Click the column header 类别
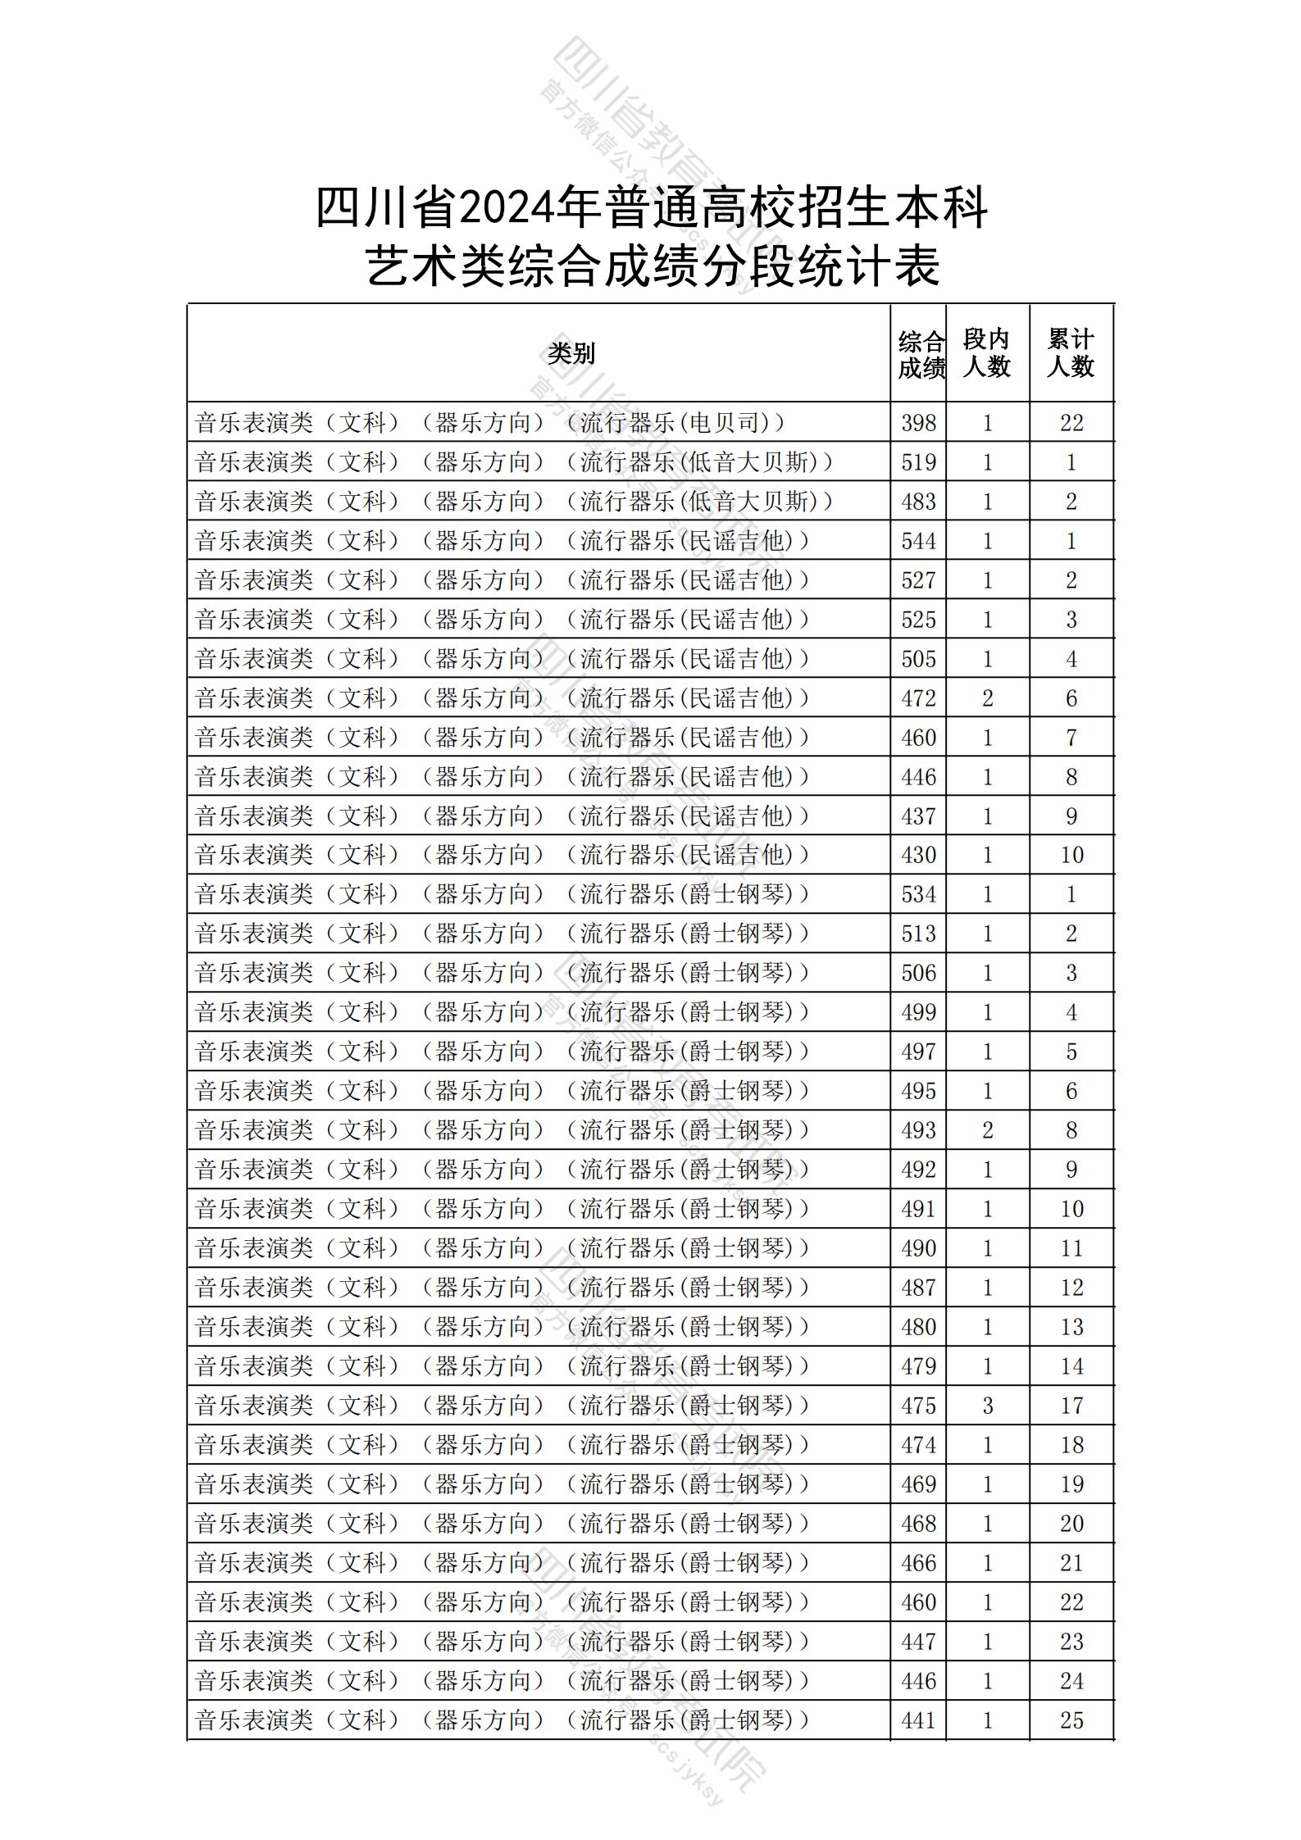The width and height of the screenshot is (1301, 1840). coord(571,353)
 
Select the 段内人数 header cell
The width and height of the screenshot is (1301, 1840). coord(986,353)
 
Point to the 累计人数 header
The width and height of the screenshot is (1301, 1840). coord(1071,353)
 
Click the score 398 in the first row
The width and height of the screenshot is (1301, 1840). coord(918,423)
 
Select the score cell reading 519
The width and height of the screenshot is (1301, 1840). coord(918,462)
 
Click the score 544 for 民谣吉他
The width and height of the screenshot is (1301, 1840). coord(918,541)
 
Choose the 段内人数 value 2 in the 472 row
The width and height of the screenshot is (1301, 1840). coord(987,698)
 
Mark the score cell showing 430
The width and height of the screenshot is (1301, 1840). coord(918,856)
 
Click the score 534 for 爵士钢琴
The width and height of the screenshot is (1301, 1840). coord(918,895)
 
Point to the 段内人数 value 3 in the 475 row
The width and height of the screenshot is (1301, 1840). coord(987,1406)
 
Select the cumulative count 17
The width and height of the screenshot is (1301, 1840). coord(1071,1406)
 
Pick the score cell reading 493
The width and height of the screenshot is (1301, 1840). coord(918,1131)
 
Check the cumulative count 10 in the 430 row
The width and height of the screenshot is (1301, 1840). coord(1071,856)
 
